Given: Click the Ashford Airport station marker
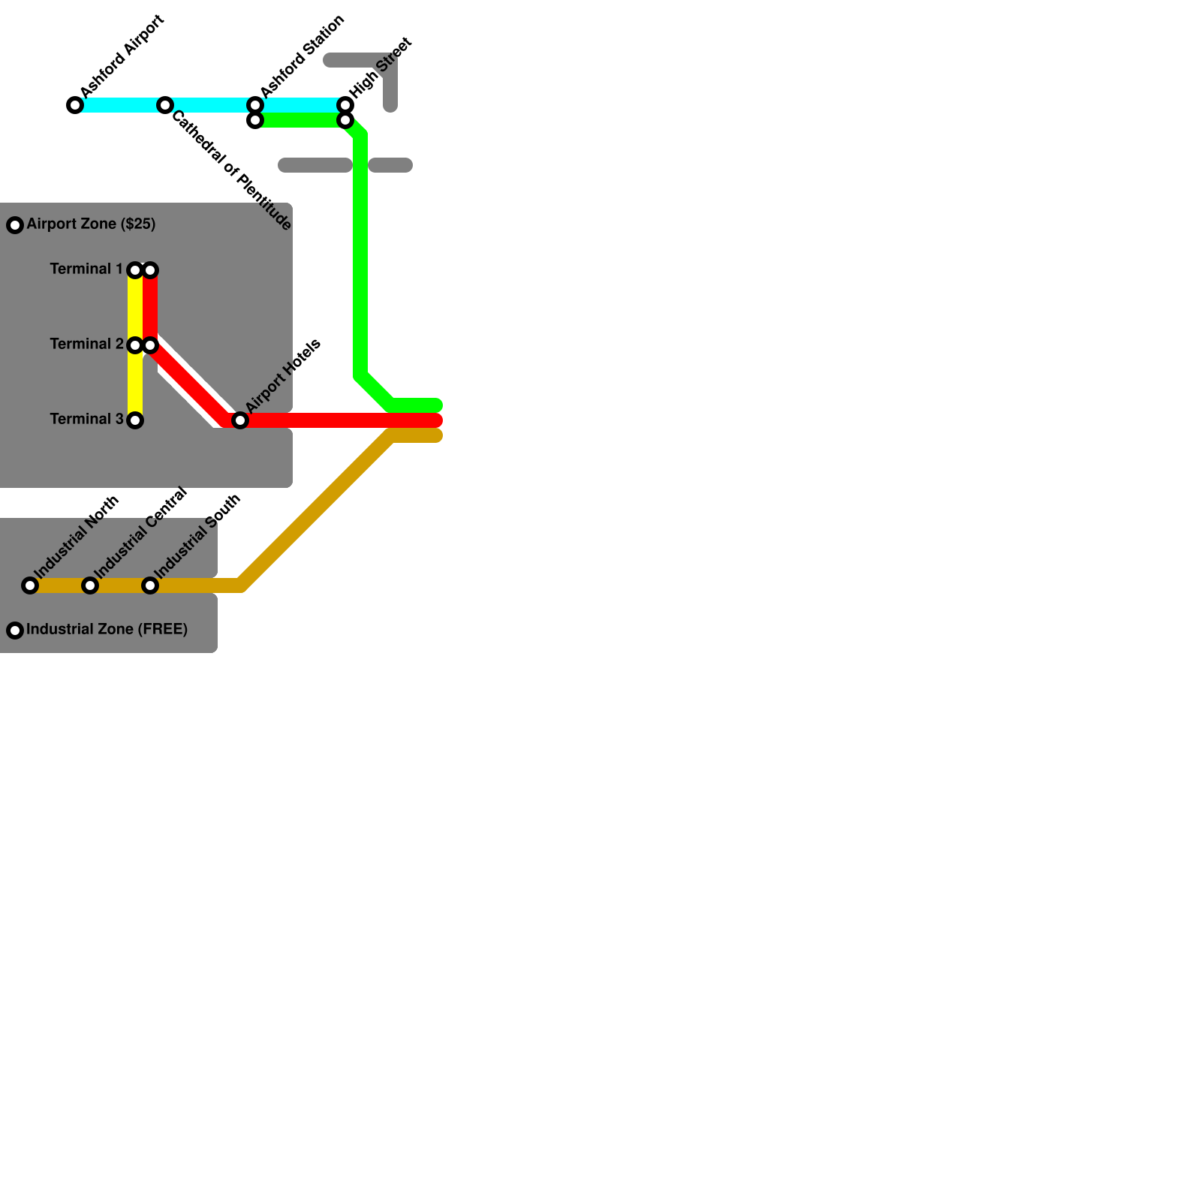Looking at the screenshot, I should tap(75, 105).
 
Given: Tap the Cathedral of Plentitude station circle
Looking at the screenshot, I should tap(165, 105).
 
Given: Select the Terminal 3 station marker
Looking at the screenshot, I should tap(135, 420).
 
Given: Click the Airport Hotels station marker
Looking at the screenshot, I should tap(240, 420).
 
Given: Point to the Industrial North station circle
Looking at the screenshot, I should tap(30, 585).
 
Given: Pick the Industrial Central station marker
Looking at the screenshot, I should tap(90, 585).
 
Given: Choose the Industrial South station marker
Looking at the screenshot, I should tap(150, 585).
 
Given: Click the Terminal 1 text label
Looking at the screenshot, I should tap(86, 269).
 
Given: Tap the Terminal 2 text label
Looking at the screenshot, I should tap(86, 344).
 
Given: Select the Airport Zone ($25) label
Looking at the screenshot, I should tap(91, 224).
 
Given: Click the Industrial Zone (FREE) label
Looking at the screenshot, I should tap(107, 629).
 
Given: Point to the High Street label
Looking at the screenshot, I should tap(381, 68).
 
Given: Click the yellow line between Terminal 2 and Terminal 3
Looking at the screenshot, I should tap(135, 383).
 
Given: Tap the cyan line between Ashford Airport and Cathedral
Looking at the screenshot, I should tap(120, 105).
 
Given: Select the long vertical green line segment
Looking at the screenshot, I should tap(360, 255).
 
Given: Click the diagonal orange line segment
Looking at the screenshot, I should tap(315, 510).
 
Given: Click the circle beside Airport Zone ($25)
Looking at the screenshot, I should tap(15, 225).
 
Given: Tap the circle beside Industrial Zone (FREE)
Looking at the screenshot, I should tap(15, 631).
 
